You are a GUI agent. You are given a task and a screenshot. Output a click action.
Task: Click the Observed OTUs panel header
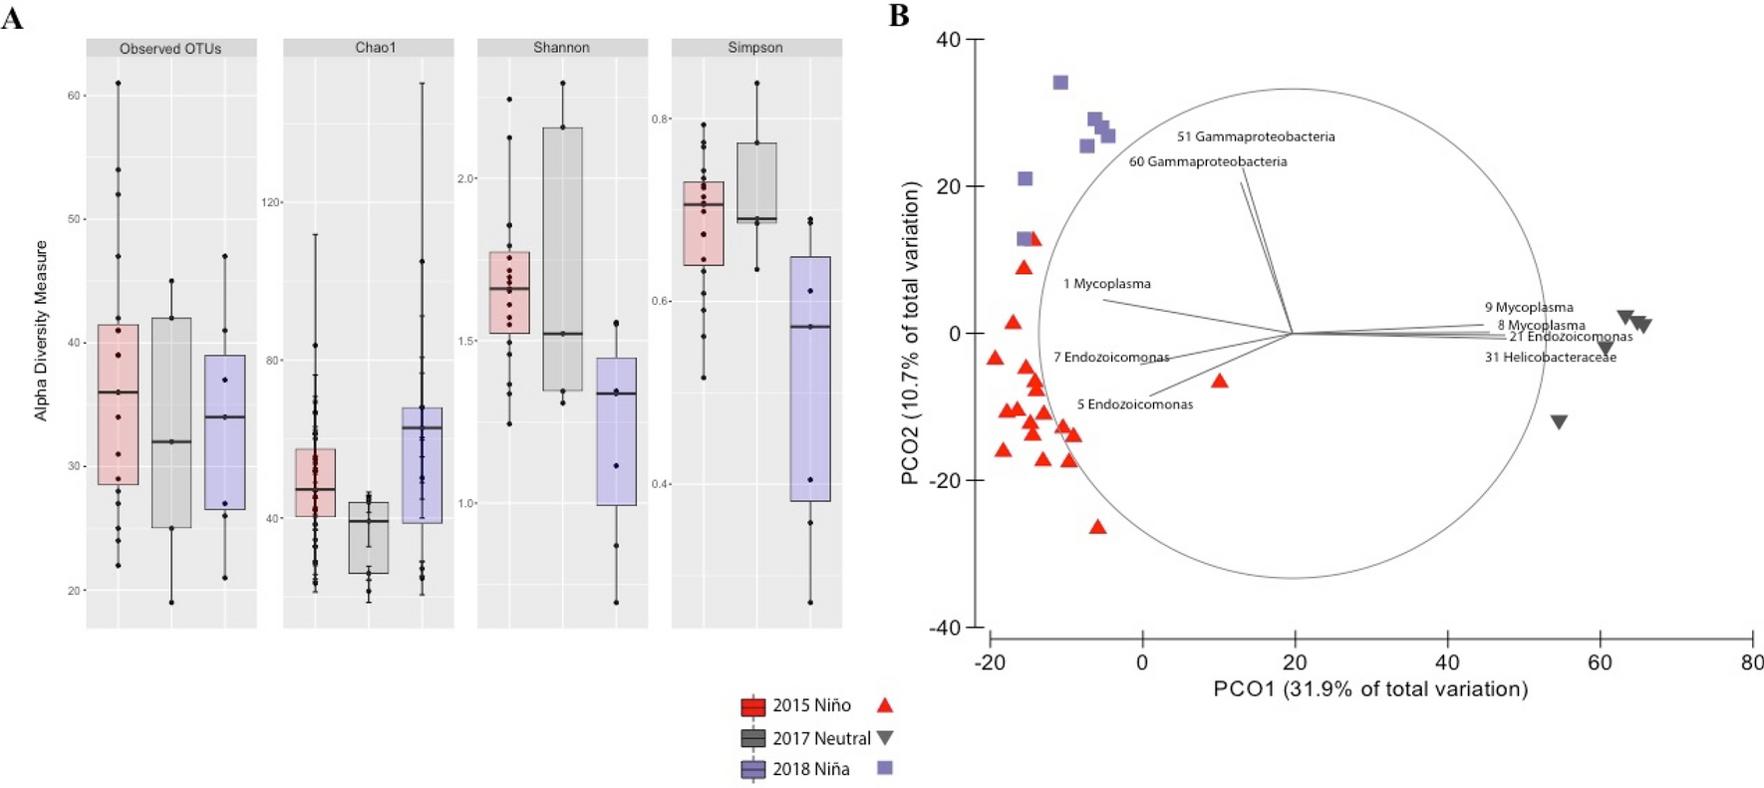170,48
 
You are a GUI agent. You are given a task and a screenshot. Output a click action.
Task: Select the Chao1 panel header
375,48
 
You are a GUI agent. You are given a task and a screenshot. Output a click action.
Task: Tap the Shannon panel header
561,48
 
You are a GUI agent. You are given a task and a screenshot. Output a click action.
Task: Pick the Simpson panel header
755,48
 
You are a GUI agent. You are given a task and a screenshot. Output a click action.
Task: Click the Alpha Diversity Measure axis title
41,330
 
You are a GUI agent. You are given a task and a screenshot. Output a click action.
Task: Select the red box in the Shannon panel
509,292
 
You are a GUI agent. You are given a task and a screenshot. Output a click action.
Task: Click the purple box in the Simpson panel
809,379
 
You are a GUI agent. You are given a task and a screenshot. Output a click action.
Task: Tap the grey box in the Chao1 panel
369,538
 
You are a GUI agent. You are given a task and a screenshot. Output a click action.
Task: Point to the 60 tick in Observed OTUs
74,96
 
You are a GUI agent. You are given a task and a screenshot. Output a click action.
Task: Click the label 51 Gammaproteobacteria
1256,136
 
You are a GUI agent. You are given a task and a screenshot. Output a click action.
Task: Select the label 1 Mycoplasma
1106,284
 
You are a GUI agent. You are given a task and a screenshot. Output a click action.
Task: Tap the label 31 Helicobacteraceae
1550,357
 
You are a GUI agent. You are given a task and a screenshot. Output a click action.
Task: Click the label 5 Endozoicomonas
1134,404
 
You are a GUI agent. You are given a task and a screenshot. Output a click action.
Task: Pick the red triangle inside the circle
1219,381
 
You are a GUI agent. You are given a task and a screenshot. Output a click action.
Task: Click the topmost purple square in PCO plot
1060,83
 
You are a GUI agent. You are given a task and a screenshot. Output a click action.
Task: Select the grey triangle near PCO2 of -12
1559,422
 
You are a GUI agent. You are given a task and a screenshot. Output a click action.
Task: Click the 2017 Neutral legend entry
819,738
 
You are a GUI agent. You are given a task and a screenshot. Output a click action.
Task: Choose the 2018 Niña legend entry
809,769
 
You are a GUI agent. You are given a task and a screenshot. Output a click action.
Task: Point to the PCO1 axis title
1370,688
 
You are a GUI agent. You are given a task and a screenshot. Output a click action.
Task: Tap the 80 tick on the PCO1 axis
1751,661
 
